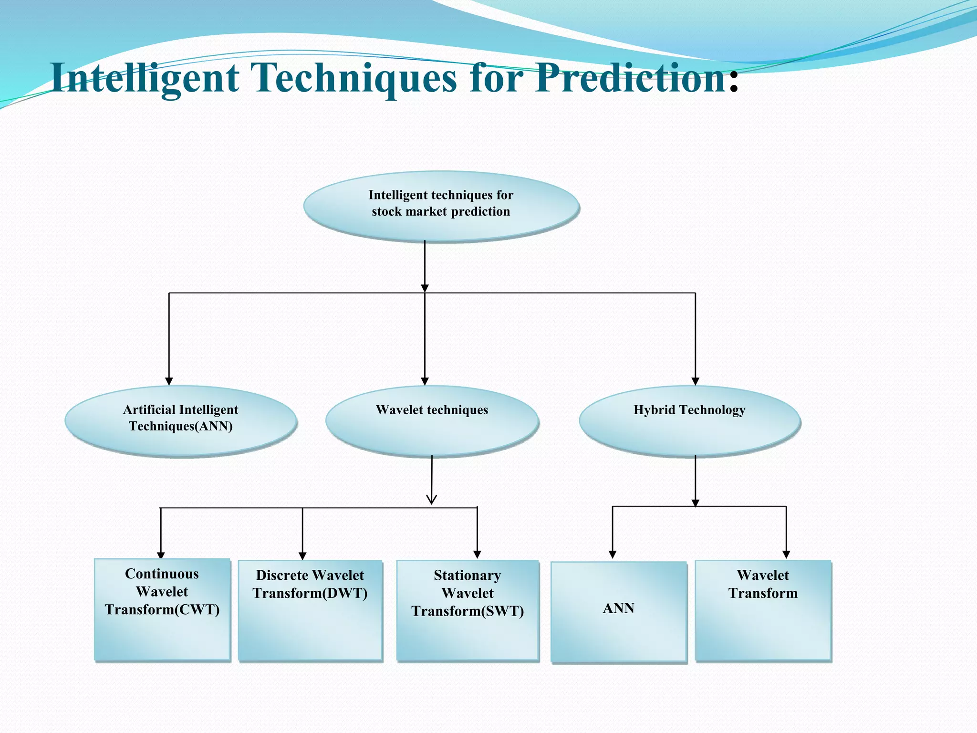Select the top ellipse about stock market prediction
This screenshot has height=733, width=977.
[x=441, y=206]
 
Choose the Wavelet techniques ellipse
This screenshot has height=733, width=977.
[x=432, y=420]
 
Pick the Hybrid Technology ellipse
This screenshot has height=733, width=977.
[x=689, y=420]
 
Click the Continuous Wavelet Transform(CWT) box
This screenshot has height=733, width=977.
[x=162, y=609]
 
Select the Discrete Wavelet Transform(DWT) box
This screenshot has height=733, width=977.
[x=310, y=610]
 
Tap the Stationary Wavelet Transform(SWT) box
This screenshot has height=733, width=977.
[x=468, y=610]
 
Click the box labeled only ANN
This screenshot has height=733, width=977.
[x=619, y=611]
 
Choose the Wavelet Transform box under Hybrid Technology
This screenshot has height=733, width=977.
[x=763, y=610]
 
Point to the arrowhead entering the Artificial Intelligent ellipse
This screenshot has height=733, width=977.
[x=169, y=381]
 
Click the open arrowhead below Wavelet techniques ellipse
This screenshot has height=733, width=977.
[x=432, y=500]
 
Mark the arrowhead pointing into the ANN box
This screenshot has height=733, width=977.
[x=613, y=555]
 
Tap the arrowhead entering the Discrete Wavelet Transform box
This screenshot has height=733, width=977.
[x=302, y=556]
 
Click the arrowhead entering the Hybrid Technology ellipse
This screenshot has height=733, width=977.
[x=695, y=381]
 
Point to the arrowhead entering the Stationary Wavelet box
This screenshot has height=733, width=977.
[x=477, y=555]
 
